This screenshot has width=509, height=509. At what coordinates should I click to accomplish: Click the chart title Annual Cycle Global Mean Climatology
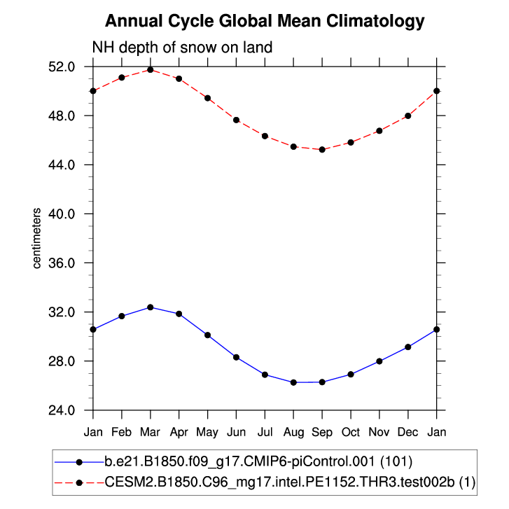click(x=265, y=21)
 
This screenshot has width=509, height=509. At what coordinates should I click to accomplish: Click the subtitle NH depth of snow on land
click(x=182, y=48)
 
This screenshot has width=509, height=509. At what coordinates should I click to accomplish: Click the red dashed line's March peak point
click(x=151, y=69)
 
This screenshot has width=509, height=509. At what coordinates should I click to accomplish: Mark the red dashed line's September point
click(x=322, y=149)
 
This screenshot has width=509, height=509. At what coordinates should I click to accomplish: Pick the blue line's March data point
click(x=151, y=307)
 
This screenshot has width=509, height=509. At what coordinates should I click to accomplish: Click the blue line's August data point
click(x=293, y=382)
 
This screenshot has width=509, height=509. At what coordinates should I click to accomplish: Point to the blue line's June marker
click(x=237, y=357)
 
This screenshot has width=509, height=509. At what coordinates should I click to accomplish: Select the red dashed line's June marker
click(x=237, y=120)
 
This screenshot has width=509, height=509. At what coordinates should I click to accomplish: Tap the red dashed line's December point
click(x=408, y=116)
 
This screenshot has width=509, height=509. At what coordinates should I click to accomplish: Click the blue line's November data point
click(x=379, y=361)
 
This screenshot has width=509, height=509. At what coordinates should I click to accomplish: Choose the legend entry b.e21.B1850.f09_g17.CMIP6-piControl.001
click(x=258, y=462)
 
